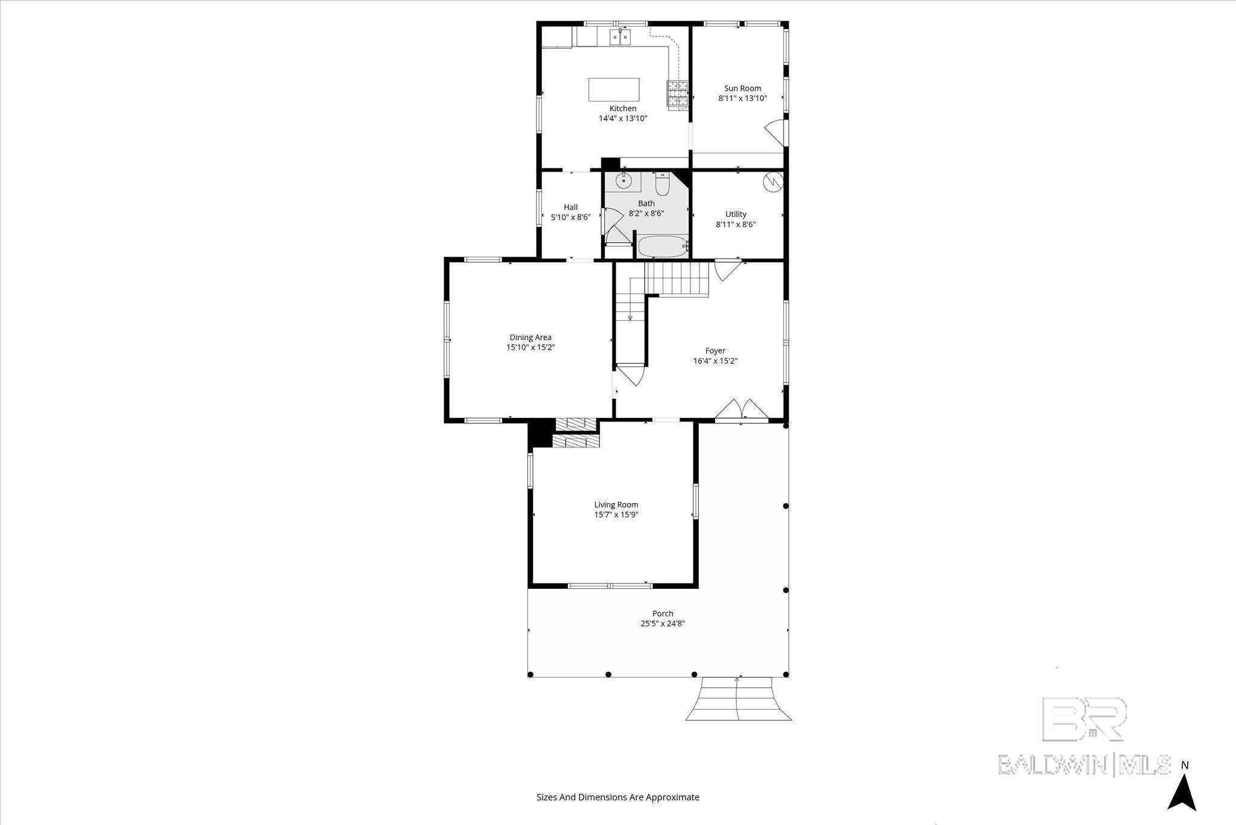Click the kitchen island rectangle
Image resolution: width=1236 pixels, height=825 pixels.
[614, 89]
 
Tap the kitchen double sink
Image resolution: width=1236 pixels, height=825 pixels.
[620, 37]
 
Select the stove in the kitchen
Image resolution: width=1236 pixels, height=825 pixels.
[677, 94]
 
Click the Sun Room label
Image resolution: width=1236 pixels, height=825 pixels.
[742, 88]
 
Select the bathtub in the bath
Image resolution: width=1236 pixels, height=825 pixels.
[661, 246]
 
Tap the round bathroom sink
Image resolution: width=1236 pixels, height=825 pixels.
[623, 181]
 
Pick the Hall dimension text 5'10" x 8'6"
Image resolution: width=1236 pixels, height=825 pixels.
[570, 217]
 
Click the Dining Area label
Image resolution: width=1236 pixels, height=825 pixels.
[530, 338]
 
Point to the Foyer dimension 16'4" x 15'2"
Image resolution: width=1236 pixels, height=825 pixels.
[715, 361]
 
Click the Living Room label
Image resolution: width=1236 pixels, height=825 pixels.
[616, 505]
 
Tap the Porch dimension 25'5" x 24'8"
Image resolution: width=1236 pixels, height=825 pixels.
[662, 624]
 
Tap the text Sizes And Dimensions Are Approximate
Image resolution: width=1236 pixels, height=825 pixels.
[617, 797]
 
